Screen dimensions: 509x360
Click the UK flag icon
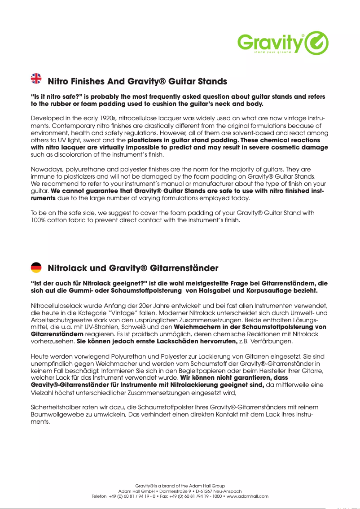point(36,79)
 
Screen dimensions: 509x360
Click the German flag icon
point(36,268)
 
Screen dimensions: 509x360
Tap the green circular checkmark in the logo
point(316,43)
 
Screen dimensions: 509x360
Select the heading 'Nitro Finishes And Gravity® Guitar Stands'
point(137,82)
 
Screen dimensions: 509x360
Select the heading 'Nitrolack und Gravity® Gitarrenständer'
point(133,268)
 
